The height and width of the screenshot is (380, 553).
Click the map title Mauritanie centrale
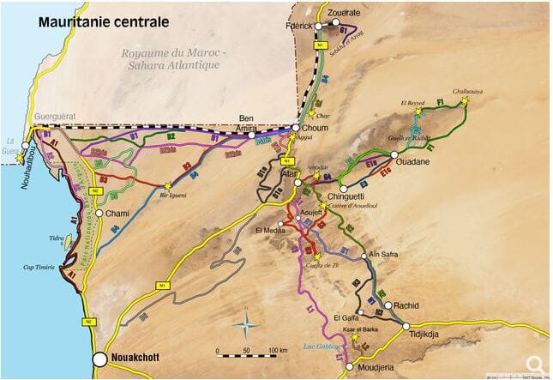[x=103, y=21]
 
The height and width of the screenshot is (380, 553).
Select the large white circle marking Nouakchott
[x=100, y=359]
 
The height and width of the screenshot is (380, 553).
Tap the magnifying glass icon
[x=534, y=364]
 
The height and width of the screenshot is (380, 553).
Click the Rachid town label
[x=407, y=305]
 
